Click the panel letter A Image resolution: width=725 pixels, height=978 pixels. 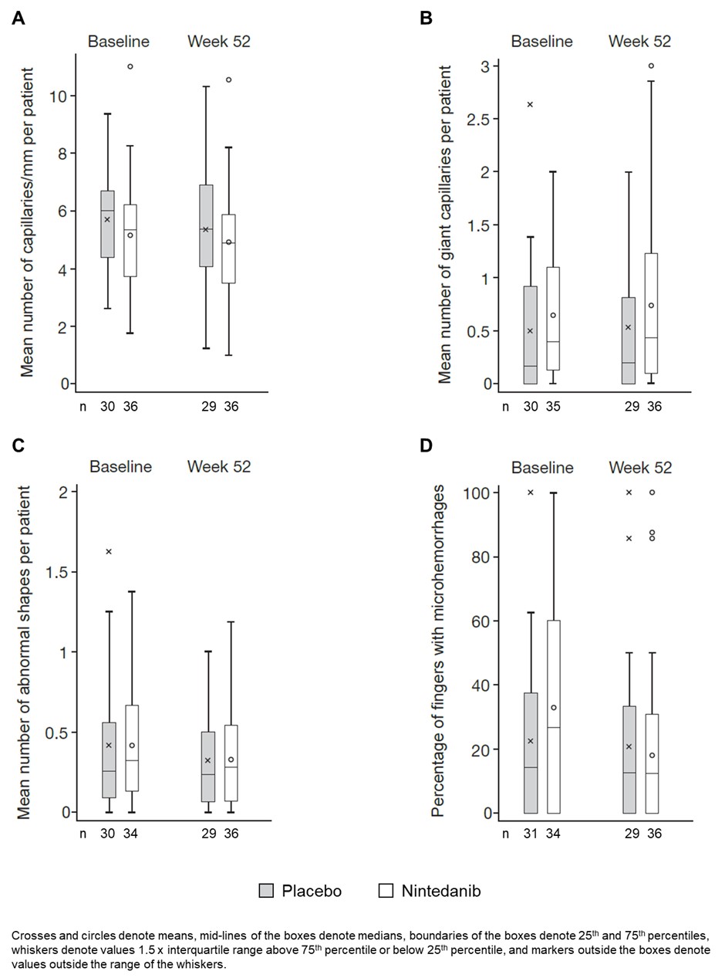(x=19, y=18)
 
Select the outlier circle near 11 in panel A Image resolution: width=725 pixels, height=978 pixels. (x=130, y=66)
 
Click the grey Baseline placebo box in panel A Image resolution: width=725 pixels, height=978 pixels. (x=107, y=224)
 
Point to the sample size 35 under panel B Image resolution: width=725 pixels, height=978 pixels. (x=553, y=406)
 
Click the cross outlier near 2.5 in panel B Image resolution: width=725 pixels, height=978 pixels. (x=530, y=104)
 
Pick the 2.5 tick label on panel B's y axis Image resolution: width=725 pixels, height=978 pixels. (x=477, y=119)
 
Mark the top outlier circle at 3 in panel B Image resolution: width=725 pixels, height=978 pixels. (x=651, y=66)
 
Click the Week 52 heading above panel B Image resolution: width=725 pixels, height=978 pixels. (x=639, y=42)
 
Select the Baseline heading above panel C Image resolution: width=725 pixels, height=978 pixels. (x=120, y=466)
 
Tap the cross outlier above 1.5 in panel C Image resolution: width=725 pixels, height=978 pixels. (x=109, y=551)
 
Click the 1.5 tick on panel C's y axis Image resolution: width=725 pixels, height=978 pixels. (x=57, y=572)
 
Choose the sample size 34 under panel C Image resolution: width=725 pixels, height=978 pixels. (x=130, y=834)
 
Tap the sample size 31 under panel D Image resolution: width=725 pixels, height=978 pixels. (x=531, y=834)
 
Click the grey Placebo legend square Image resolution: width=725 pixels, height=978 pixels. (x=265, y=891)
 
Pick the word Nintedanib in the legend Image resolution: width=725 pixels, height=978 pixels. (x=440, y=891)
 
